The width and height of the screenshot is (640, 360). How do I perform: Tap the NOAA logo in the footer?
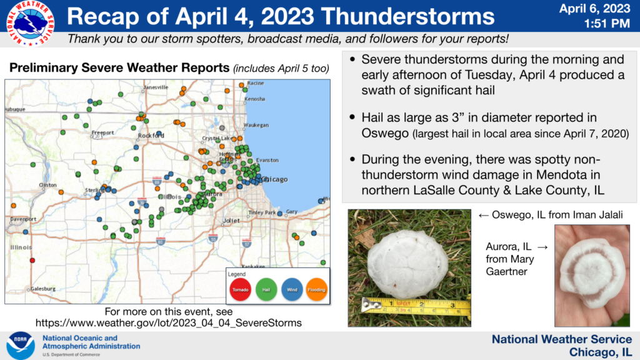(x=20, y=346)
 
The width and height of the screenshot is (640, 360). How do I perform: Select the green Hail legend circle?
(x=267, y=289)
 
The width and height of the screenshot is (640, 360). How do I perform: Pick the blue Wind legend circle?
(x=292, y=289)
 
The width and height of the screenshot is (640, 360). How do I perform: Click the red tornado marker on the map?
(x=32, y=260)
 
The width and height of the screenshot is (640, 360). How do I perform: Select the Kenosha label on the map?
(x=254, y=99)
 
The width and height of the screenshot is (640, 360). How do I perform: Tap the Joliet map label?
(x=231, y=221)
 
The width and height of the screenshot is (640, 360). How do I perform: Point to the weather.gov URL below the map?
(x=168, y=323)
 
